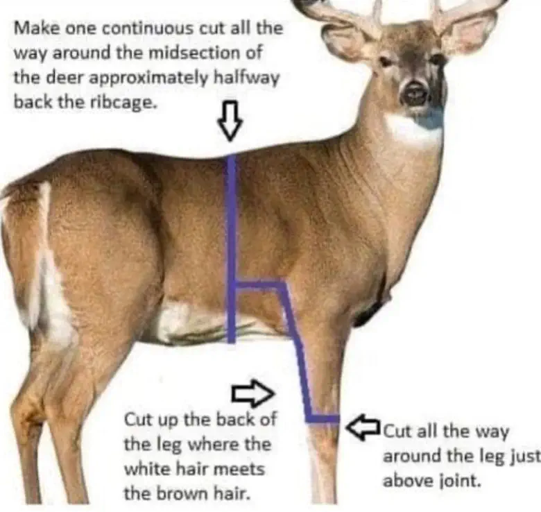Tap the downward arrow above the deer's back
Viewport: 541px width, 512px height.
pyautogui.click(x=230, y=121)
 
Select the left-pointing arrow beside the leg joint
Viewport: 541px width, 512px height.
pyautogui.click(x=363, y=427)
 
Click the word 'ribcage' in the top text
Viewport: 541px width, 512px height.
pyautogui.click(x=123, y=103)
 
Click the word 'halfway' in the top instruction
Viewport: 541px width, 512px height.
pyautogui.click(x=246, y=78)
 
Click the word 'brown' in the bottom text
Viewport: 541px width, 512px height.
pyautogui.click(x=180, y=494)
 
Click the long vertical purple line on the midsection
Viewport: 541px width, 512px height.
pyautogui.click(x=232, y=248)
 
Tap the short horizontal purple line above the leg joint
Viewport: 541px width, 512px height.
pyautogui.click(x=323, y=419)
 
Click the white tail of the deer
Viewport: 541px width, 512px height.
pyautogui.click(x=49, y=266)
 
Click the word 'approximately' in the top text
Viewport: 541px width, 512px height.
pyautogui.click(x=149, y=79)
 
